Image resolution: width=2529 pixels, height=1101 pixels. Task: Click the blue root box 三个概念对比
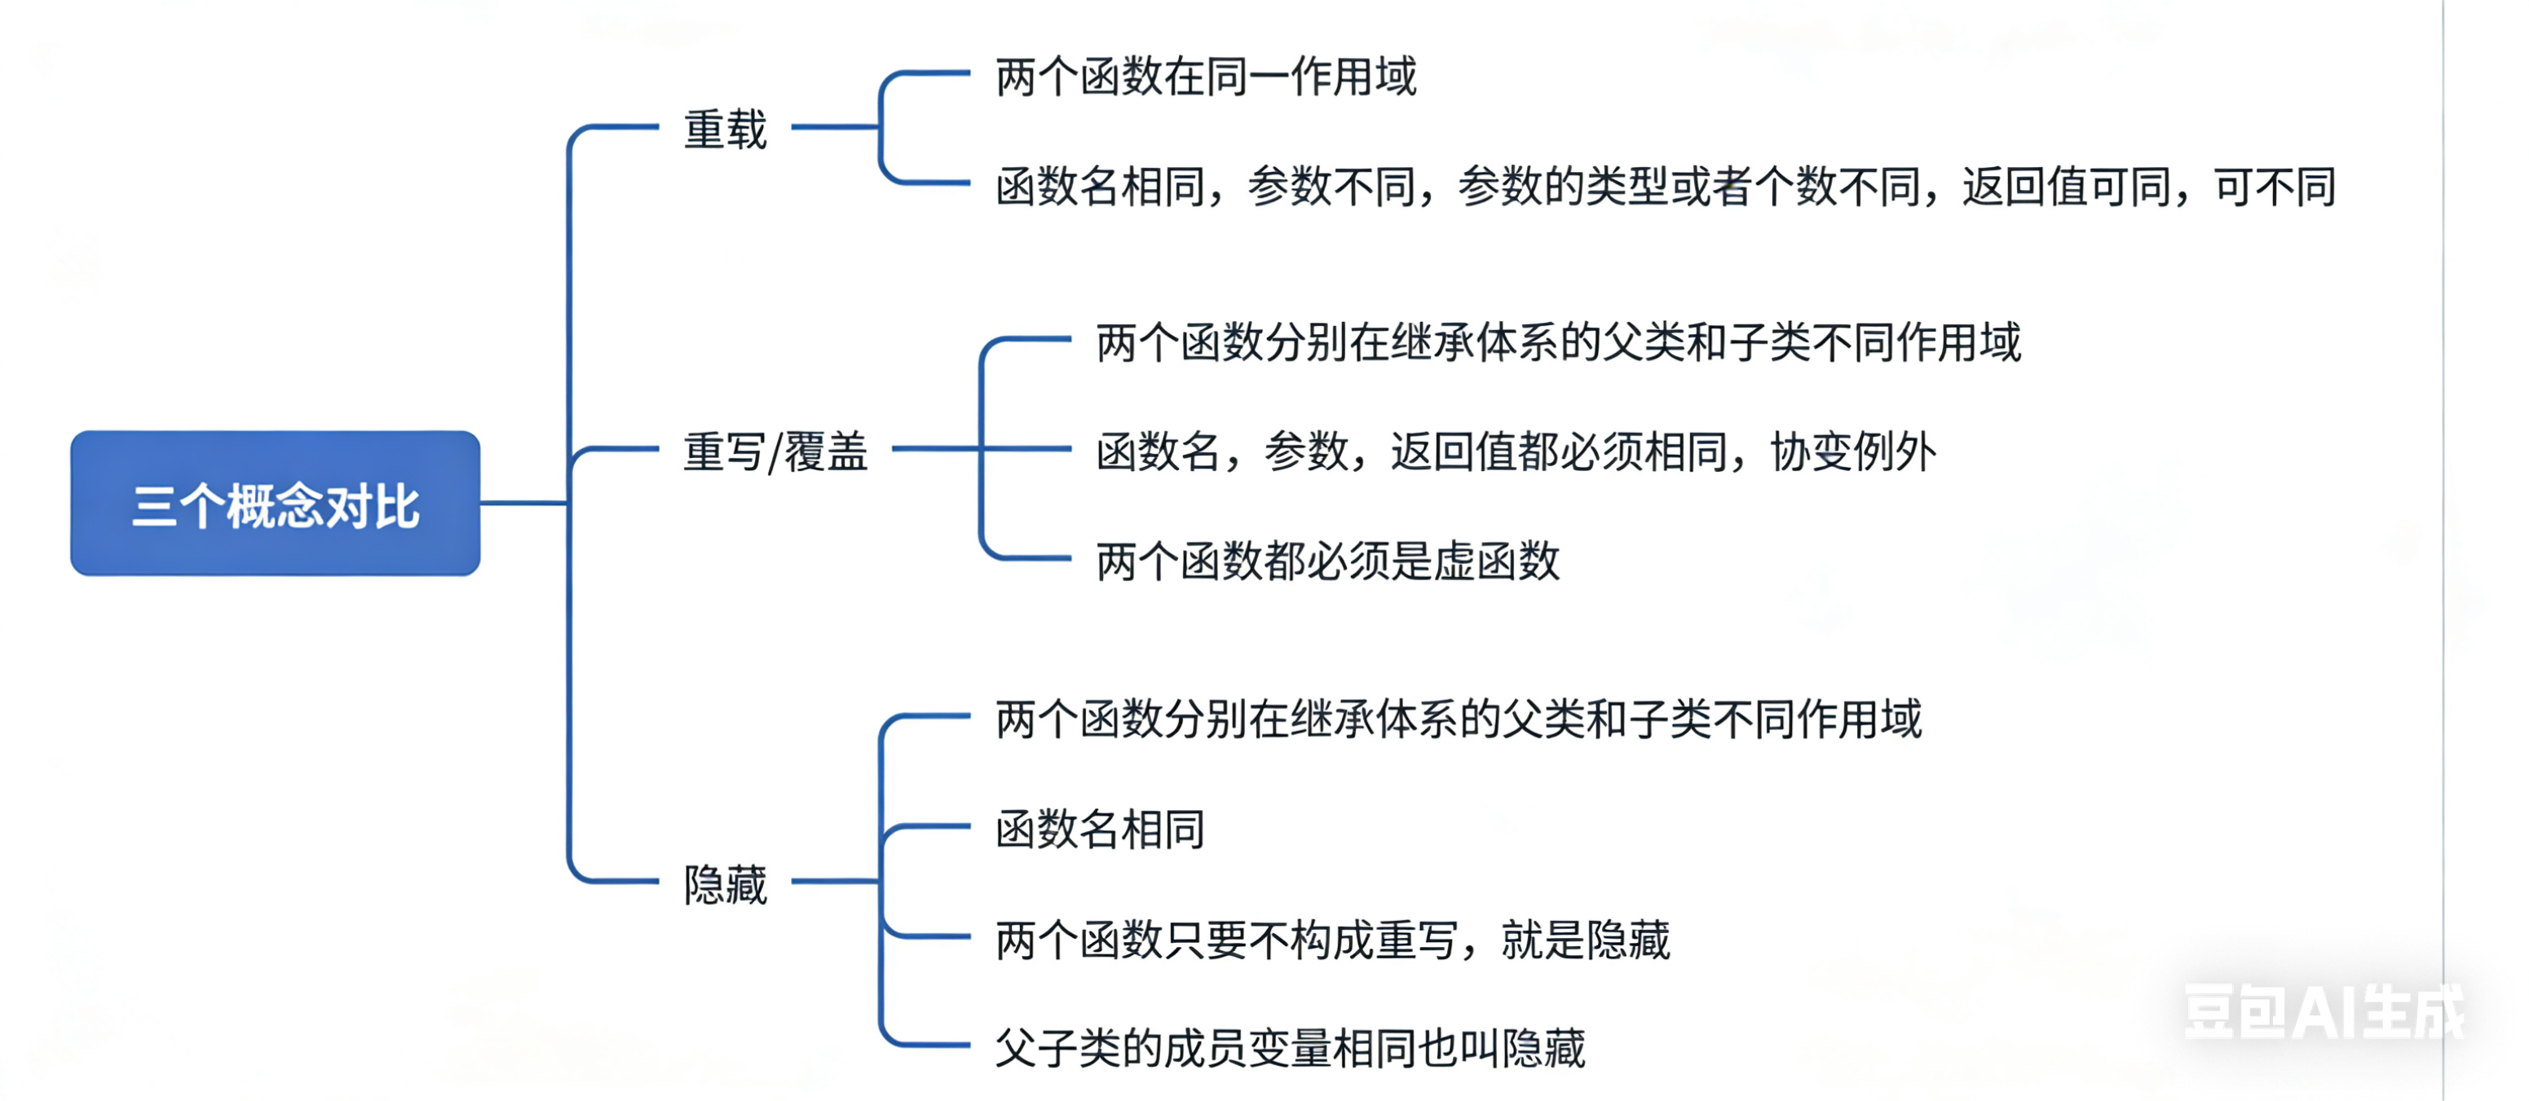pos(275,504)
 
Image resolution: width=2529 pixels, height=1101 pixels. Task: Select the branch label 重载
pos(725,130)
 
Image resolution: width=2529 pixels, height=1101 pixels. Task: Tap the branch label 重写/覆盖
pos(775,451)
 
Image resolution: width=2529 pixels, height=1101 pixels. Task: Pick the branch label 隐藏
pos(725,884)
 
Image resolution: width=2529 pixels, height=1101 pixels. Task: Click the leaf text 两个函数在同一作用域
pos(1206,77)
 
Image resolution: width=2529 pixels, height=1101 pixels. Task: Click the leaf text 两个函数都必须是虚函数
pos(1327,562)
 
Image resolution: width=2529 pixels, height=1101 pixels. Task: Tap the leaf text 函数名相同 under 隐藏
pos(1100,829)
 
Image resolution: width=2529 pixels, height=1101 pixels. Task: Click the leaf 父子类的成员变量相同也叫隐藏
pos(1289,1048)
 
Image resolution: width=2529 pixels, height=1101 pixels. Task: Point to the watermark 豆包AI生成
pos(2323,1011)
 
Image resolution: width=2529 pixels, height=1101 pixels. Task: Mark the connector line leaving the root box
pos(523,504)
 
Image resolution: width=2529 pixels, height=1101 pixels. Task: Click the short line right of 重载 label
pos(835,126)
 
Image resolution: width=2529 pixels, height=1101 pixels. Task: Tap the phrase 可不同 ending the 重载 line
pos(2275,187)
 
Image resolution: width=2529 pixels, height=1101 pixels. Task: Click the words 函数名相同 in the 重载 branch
pos(1100,187)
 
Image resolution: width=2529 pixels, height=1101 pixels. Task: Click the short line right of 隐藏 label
pos(835,881)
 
